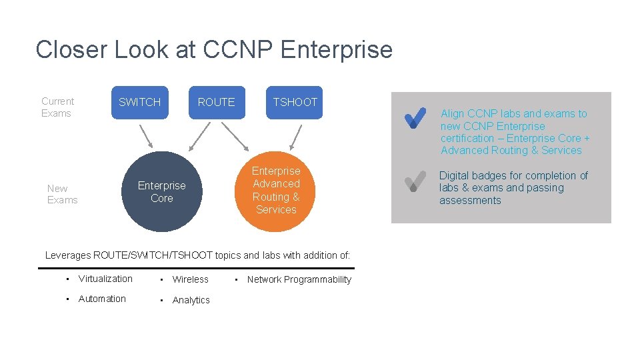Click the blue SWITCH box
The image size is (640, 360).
pos(139,103)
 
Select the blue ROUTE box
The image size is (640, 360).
pos(216,103)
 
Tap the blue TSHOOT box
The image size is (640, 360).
pos(295,103)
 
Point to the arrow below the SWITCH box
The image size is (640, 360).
pos(146,136)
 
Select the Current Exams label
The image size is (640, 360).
pos(57,107)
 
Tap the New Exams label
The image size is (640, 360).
pos(62,194)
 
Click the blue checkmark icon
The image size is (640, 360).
pos(415,119)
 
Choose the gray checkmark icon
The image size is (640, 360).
pos(415,181)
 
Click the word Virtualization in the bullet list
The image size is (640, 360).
pos(105,279)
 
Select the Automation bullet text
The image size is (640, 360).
pos(102,299)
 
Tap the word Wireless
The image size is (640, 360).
pos(190,279)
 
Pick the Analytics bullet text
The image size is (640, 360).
pos(191,300)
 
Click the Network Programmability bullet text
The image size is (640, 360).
pos(299,279)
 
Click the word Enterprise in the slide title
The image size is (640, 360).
pos(337,50)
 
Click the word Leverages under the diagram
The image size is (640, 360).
pos(68,255)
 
